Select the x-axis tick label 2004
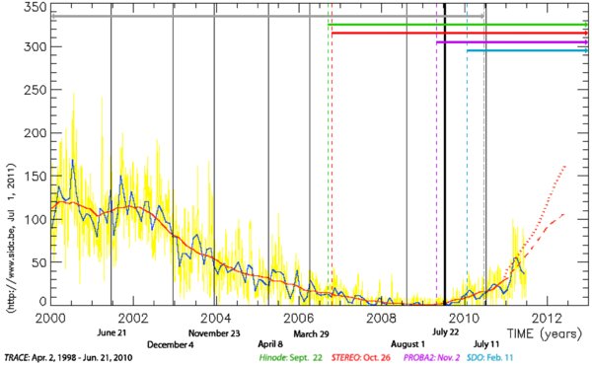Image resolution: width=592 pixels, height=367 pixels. (216, 318)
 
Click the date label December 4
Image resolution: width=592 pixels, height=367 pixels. (171, 345)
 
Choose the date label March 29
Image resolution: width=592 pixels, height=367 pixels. (310, 333)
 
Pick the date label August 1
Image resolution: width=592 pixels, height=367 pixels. (407, 345)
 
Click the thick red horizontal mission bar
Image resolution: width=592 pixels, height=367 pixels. (454, 34)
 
